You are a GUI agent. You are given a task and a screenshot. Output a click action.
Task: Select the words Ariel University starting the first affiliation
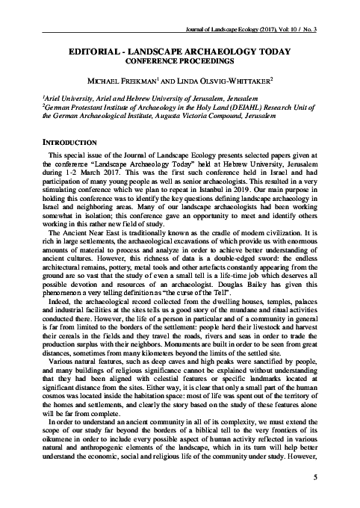tap(46, 98)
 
